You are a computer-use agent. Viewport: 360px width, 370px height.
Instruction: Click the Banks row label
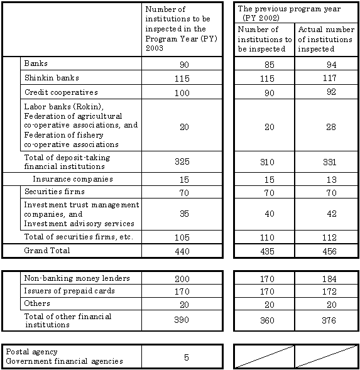click(x=36, y=64)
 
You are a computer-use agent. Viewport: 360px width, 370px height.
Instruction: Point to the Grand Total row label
click(x=47, y=250)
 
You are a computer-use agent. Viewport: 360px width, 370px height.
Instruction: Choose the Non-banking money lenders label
click(x=68, y=278)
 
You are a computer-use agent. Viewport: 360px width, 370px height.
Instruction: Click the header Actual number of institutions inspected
click(x=325, y=40)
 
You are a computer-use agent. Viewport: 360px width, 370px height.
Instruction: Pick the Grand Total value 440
click(x=182, y=251)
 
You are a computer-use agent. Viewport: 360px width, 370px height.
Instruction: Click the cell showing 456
click(x=325, y=251)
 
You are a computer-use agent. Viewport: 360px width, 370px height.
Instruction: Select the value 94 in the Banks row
click(x=325, y=64)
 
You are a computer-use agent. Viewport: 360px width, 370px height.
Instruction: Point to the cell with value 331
click(x=325, y=163)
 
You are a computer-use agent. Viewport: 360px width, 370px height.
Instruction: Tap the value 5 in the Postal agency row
click(x=186, y=357)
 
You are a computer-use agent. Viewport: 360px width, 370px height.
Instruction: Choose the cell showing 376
click(x=325, y=320)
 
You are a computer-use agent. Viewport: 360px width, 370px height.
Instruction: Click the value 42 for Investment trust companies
click(x=325, y=214)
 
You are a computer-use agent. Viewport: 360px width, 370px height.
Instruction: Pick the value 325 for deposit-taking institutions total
click(x=182, y=163)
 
